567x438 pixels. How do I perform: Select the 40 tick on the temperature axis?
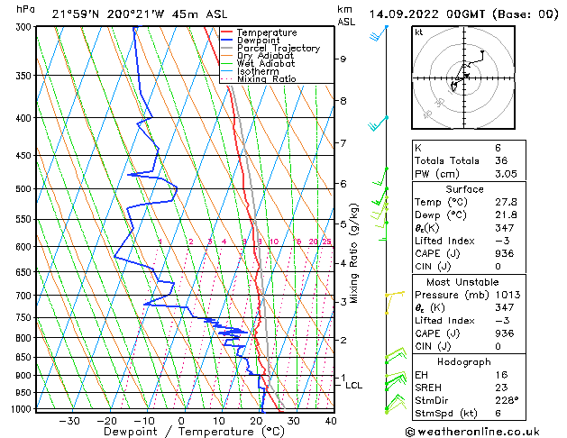330,420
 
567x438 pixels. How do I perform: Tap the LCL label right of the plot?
354,386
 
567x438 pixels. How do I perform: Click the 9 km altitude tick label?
343,59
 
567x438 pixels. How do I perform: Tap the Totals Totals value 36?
500,160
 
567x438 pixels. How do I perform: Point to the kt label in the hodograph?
419,32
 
